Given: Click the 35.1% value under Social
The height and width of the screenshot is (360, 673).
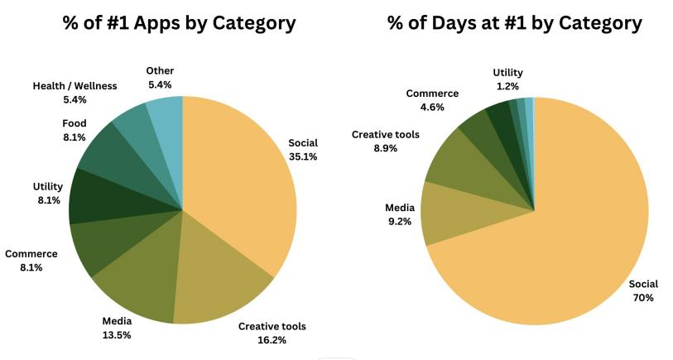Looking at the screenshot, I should pos(302,156).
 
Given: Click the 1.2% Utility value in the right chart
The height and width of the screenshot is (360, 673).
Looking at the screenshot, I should pos(507,86).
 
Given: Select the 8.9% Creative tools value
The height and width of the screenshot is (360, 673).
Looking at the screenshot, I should pos(385,148).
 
